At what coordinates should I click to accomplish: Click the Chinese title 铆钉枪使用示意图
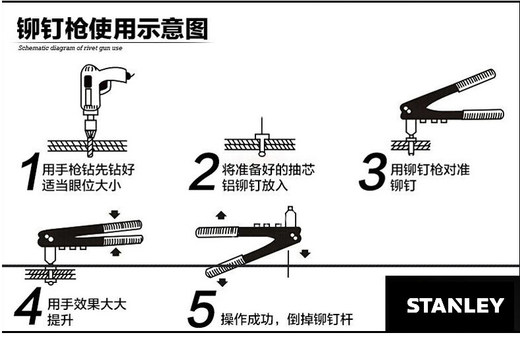tap(112, 29)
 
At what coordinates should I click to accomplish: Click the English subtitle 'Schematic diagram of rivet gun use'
tap(70, 48)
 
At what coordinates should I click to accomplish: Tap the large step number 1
tap(30, 172)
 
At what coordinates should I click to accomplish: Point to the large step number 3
tap(372, 172)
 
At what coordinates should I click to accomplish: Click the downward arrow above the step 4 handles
tap(116, 215)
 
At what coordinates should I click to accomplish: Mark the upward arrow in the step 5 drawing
tap(221, 215)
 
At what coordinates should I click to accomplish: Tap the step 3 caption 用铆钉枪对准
tap(430, 170)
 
